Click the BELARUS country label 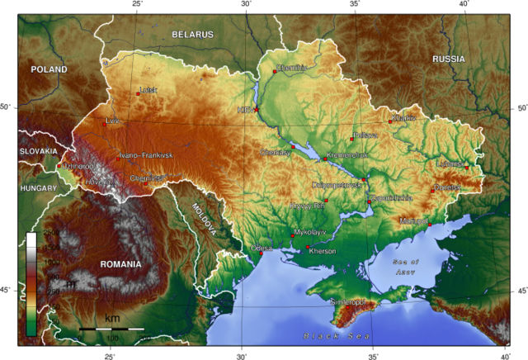tap(192, 35)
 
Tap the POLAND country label tap(49, 69)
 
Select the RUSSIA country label tap(449, 59)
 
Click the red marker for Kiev tap(256, 110)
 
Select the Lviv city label tap(113, 121)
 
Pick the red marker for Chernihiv tap(275, 72)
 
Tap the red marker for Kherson tap(309, 247)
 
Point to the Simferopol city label tap(347, 302)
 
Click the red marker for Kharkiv tap(390, 122)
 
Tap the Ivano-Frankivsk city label tap(145, 155)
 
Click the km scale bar tap(111, 329)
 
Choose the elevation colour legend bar tap(31, 283)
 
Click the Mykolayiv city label tap(310, 233)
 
